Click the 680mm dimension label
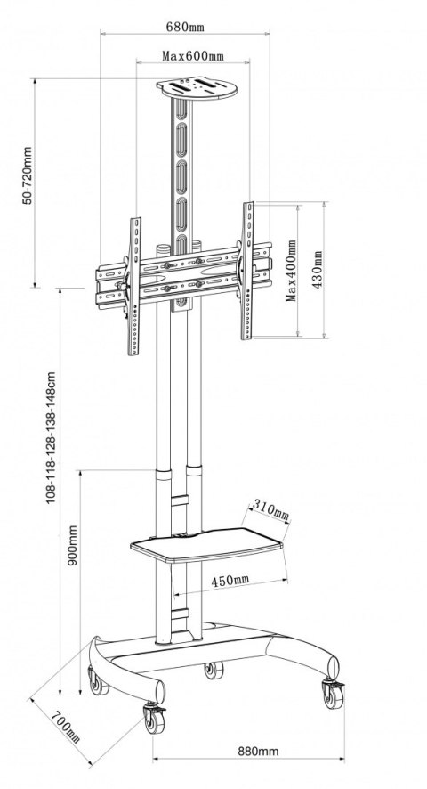[185, 27]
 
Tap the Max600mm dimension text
[193, 55]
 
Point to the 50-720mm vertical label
[28, 175]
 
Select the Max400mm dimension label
[291, 270]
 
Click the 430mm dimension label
[318, 270]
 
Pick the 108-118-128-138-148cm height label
[51, 438]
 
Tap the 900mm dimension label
[73, 546]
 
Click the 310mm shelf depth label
[271, 509]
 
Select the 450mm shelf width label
[230, 581]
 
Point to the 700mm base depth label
[66, 727]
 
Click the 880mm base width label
[258, 751]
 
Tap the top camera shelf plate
[197, 88]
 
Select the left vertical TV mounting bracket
[133, 287]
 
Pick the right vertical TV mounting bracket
[248, 271]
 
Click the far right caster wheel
[333, 695]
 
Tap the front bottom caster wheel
[155, 719]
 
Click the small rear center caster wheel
[213, 670]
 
